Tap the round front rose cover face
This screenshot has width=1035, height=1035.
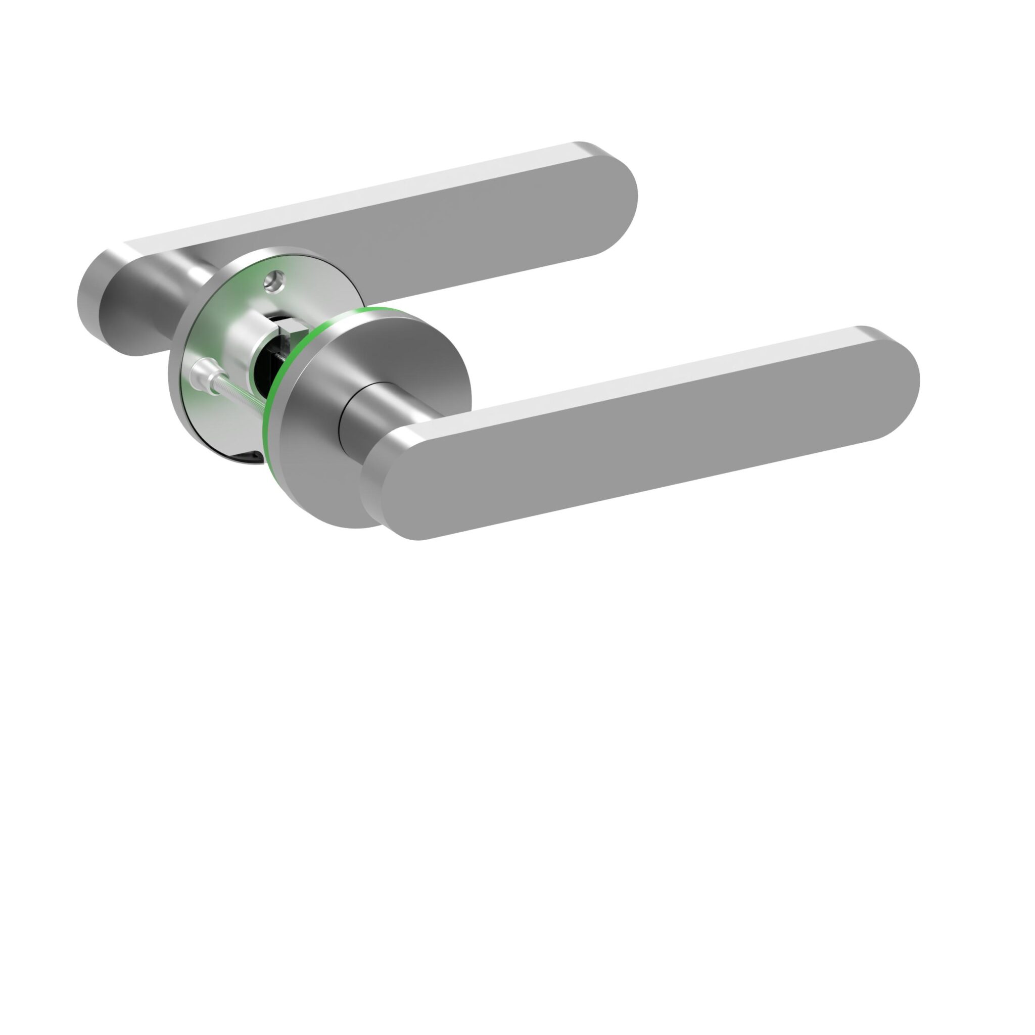311,461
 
